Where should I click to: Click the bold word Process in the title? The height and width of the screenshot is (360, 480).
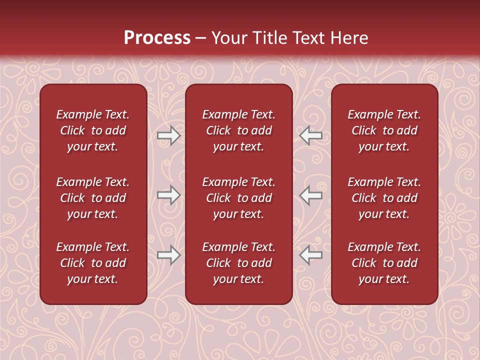[x=157, y=38]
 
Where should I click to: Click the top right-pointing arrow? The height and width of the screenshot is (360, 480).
[x=169, y=135]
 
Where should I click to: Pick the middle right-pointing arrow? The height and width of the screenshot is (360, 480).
[x=169, y=195]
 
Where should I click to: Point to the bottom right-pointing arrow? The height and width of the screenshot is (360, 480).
[x=169, y=255]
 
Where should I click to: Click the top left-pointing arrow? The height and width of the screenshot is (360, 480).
[x=310, y=135]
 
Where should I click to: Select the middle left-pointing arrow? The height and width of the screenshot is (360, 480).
[x=310, y=195]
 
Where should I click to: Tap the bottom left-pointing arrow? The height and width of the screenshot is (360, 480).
[x=310, y=255]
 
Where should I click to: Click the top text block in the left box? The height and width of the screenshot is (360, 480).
[x=93, y=130]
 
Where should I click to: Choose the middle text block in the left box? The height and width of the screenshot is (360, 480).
[x=93, y=198]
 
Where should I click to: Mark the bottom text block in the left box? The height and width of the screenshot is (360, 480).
[x=93, y=263]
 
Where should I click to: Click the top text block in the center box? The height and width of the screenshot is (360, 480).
[x=238, y=130]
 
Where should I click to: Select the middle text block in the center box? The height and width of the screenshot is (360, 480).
[x=238, y=198]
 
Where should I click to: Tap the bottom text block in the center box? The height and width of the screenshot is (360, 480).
[x=238, y=263]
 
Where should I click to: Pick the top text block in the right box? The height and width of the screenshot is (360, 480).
[x=384, y=130]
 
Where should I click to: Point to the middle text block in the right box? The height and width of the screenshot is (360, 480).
[x=384, y=198]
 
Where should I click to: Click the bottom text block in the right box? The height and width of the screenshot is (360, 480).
[x=384, y=263]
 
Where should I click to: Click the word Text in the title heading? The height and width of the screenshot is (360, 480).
[x=306, y=38]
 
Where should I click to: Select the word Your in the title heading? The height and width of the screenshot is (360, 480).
[x=227, y=38]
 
